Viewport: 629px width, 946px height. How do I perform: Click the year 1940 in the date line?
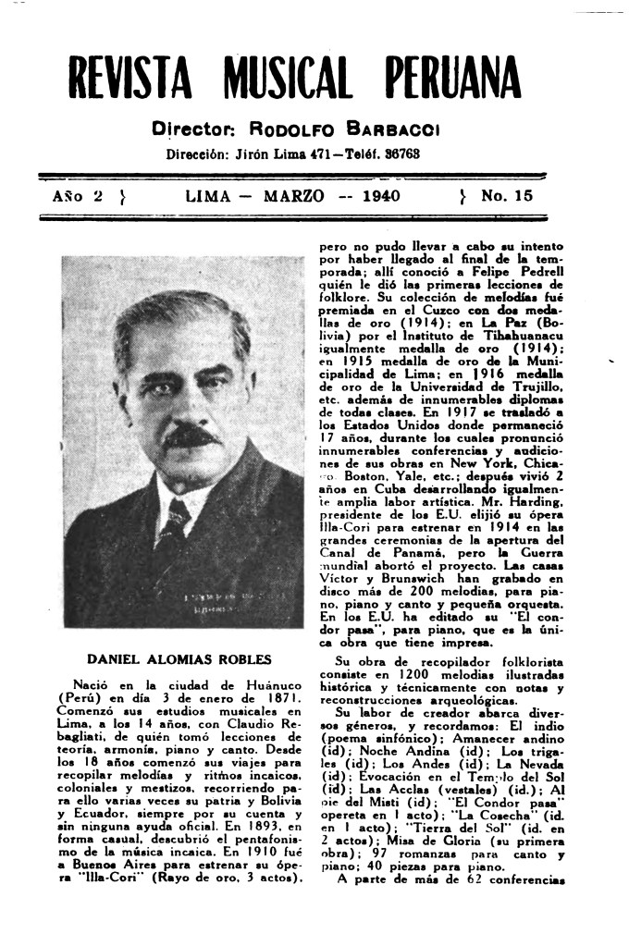click(387, 196)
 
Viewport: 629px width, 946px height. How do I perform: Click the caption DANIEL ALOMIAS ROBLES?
click(179, 660)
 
